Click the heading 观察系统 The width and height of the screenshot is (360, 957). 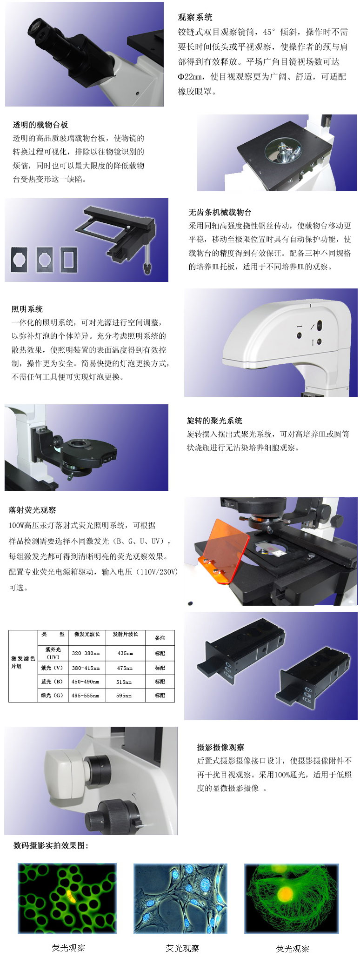point(195,17)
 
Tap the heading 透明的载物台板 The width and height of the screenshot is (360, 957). point(40,125)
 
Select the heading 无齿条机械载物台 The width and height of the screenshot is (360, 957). point(220,212)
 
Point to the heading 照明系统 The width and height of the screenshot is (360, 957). point(27,309)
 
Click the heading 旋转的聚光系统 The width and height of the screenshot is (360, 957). point(214,421)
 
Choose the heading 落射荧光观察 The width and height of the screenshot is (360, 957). point(32,510)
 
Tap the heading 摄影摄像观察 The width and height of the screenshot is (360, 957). point(220,747)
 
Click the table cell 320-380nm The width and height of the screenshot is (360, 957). point(86,653)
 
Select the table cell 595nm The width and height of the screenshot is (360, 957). point(124,696)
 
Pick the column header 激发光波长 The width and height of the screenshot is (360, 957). point(87,635)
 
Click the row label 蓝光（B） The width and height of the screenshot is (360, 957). point(52,682)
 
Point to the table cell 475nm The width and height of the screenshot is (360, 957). point(125,668)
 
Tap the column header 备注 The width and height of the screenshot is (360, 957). point(160,638)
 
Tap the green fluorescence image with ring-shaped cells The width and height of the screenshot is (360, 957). point(67,898)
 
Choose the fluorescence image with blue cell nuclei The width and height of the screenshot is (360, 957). point(180,898)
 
